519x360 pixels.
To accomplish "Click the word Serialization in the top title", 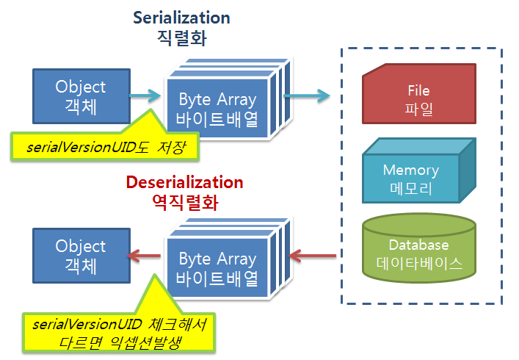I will click(x=181, y=17).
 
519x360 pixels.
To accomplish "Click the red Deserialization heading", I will click(x=184, y=182).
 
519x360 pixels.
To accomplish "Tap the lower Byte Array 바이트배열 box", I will click(x=217, y=268).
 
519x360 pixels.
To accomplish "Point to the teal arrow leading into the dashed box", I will click(x=306, y=94).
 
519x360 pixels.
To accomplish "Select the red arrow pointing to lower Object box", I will click(x=144, y=256).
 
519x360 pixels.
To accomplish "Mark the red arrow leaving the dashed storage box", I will click(x=313, y=256).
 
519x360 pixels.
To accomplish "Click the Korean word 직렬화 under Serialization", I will click(x=181, y=38).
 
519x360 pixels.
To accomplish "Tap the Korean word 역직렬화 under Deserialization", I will click(x=184, y=203).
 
